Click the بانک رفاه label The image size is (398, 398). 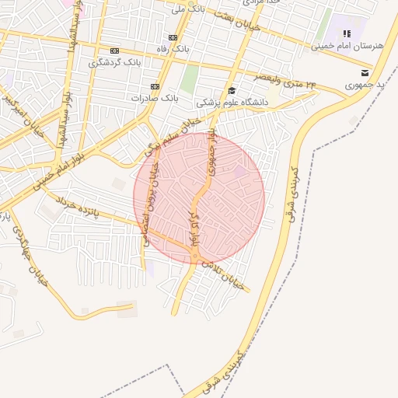173,50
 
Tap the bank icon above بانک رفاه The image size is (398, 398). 173,37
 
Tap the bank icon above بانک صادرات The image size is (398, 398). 155,86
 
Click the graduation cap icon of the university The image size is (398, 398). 232,90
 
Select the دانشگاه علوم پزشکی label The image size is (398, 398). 232,102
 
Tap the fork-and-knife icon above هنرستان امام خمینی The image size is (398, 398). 347,33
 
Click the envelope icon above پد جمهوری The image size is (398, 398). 364,73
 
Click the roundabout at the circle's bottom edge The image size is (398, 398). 194,257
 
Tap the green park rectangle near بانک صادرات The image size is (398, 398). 190,79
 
